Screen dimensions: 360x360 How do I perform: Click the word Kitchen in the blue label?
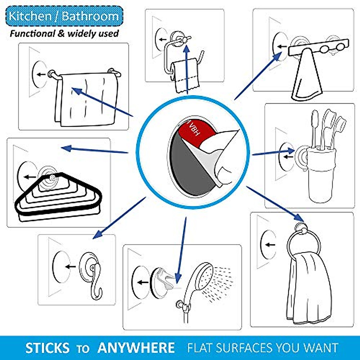tap(26, 16)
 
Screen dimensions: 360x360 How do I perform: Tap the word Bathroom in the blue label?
tap(90, 16)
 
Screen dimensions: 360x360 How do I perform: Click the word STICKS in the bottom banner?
tap(47, 348)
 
